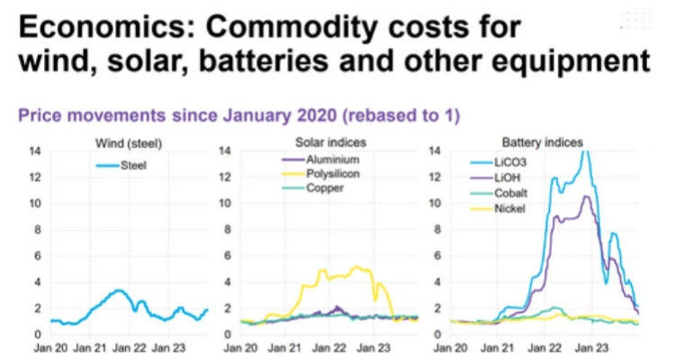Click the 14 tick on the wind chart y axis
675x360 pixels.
35,150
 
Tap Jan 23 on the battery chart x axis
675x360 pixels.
590,346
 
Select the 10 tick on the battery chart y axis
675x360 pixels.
439,202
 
